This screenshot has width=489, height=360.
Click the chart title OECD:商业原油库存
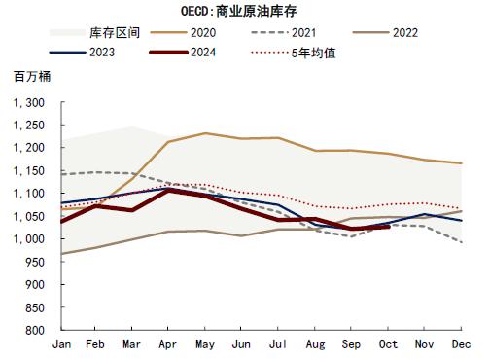pyautogui.click(x=243, y=12)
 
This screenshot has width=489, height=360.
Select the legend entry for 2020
pyautogui.click(x=231, y=32)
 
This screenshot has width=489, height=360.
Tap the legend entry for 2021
pyautogui.click(x=332, y=32)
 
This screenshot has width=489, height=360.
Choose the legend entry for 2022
pyautogui.click(x=432, y=32)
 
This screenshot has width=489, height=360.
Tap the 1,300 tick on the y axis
pyautogui.click(x=29, y=102)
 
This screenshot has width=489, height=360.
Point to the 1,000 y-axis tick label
pyautogui.click(x=29, y=239)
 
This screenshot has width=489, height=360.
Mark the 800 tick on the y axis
pyautogui.click(x=35, y=331)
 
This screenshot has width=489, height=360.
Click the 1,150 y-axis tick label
pyautogui.click(x=29, y=170)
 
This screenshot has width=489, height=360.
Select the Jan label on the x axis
pyautogui.click(x=60, y=345)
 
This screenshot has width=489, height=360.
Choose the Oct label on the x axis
pyautogui.click(x=389, y=345)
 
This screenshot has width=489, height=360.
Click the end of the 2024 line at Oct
pyautogui.click(x=389, y=225)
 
